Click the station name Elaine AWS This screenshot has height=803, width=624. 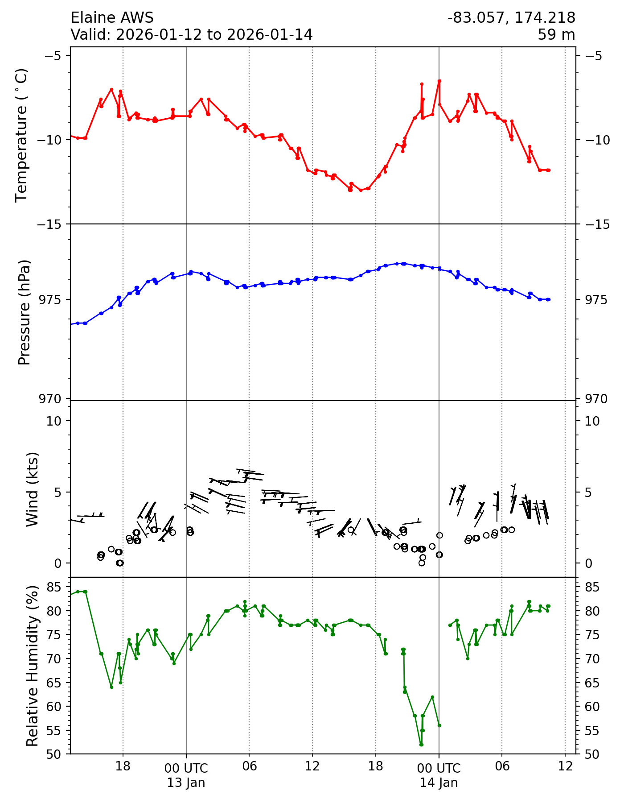[112, 18]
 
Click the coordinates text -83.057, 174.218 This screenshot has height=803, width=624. [511, 18]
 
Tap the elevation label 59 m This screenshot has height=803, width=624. [556, 34]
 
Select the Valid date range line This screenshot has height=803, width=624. [191, 34]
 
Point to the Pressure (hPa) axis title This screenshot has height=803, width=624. [25, 312]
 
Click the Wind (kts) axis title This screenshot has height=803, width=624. [32, 489]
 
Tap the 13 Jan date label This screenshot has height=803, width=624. [186, 782]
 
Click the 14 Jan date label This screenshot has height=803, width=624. [439, 782]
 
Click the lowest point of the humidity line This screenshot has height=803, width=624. [421, 745]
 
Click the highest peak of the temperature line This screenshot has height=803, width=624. [439, 81]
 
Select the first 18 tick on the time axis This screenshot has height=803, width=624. [123, 766]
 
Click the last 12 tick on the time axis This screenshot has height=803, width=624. [565, 766]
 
